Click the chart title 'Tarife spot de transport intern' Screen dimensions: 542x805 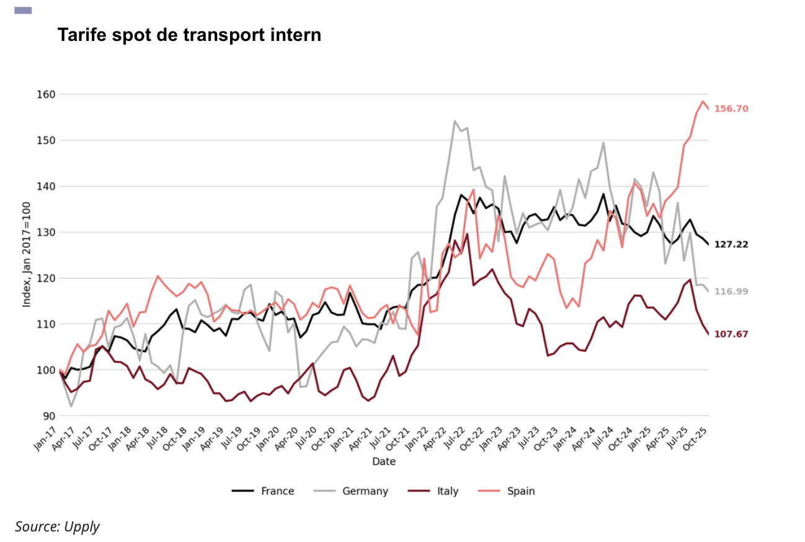pyautogui.click(x=189, y=35)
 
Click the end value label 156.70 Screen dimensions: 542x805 pyautogui.click(x=731, y=109)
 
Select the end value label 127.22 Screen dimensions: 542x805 pyautogui.click(x=731, y=244)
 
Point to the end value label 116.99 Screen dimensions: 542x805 pyautogui.click(x=731, y=291)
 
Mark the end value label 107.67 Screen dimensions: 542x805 pyautogui.click(x=731, y=334)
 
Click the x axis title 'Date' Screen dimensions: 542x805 pyautogui.click(x=384, y=462)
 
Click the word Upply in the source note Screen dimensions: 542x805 pyautogui.click(x=81, y=526)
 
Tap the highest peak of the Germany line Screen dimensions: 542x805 pyautogui.click(x=455, y=122)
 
